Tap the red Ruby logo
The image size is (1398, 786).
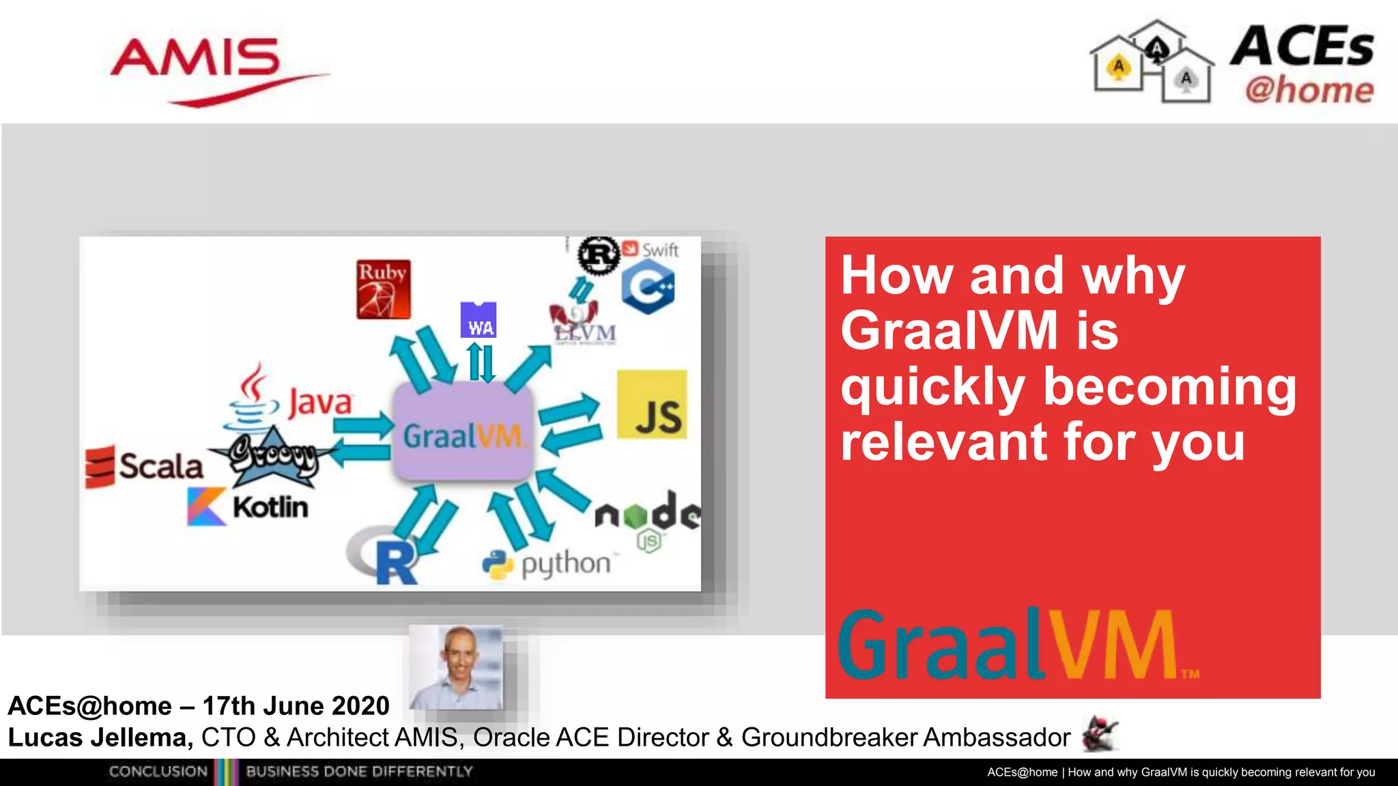coord(383,289)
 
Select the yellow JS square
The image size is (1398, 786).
coord(652,405)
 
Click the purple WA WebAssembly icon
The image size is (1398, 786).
coord(479,320)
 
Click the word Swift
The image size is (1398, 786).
coord(660,250)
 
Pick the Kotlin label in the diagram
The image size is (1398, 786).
coord(270,507)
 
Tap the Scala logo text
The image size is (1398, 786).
coord(161,467)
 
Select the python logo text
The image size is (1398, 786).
coord(565,564)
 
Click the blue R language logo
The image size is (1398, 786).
coord(396,562)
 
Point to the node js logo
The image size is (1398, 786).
coord(647,516)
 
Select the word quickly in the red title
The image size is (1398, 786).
coord(932,387)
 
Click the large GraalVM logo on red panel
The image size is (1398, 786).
coord(1010,645)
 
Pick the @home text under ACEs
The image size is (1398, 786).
coord(1309,90)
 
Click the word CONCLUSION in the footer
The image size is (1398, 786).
coord(158,772)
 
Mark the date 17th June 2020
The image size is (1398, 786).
coord(296,706)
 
